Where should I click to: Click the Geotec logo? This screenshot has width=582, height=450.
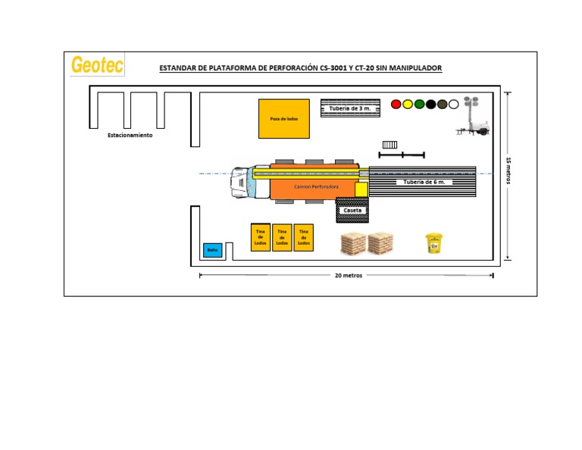(97, 64)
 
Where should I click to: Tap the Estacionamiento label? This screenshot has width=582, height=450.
(130, 135)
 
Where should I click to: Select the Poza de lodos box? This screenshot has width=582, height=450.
(284, 118)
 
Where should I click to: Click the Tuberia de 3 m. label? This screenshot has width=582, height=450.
(349, 108)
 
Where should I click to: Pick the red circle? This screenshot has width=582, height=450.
(396, 104)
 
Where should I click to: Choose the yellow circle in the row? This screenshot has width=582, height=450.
(407, 104)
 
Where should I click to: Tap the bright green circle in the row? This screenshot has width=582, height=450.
(419, 104)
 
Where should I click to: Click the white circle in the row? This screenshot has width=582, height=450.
(453, 104)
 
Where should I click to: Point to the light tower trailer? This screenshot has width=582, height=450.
(472, 120)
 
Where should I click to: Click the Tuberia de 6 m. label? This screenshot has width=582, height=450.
(424, 183)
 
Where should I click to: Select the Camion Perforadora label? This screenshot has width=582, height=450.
(316, 186)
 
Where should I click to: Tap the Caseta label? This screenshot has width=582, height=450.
(352, 211)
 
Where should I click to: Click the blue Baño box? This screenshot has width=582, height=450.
(212, 249)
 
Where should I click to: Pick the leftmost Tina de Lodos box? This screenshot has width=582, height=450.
(261, 237)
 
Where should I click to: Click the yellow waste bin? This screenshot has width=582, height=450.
(433, 242)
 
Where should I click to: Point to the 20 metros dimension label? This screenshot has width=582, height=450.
(349, 276)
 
